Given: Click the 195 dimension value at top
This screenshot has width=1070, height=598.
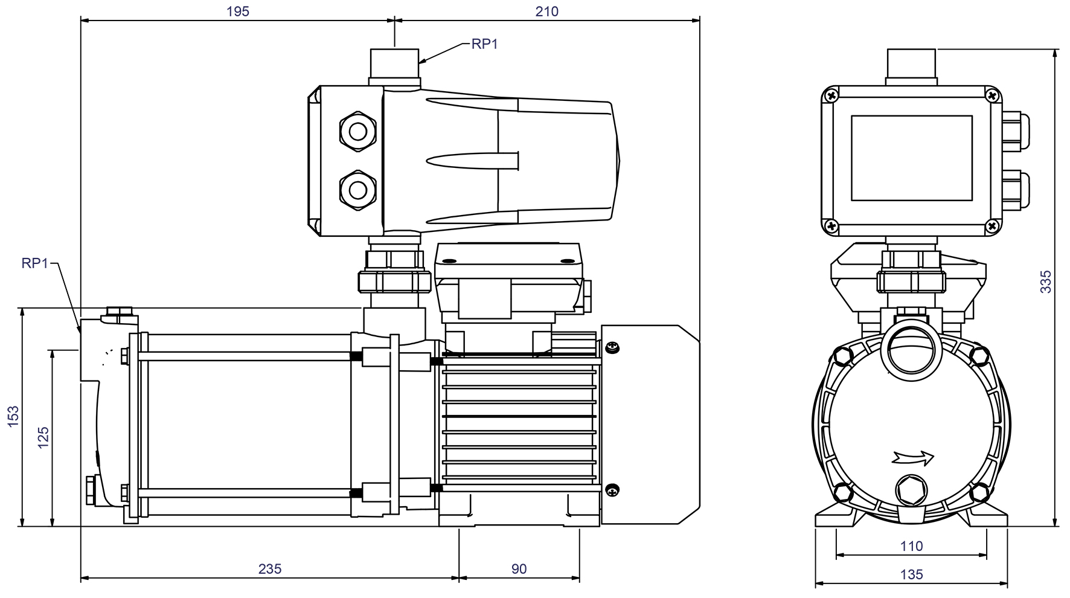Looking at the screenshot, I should (x=237, y=11).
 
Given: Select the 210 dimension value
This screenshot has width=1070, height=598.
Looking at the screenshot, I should (x=546, y=11).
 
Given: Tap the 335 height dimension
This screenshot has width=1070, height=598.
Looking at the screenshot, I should (x=1045, y=282).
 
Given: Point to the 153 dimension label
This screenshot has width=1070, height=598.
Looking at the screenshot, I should (x=13, y=417).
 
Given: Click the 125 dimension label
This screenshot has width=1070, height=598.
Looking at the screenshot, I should (x=43, y=438).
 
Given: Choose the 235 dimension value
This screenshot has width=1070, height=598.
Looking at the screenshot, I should (x=270, y=569).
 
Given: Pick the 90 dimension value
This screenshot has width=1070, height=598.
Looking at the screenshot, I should (x=519, y=569).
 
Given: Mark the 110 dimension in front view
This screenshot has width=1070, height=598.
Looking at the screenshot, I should (x=911, y=547).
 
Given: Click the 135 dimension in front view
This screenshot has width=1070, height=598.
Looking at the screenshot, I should (x=911, y=574).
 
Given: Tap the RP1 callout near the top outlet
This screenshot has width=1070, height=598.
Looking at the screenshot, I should (x=484, y=44).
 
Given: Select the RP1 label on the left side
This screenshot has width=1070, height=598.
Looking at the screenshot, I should (x=34, y=263).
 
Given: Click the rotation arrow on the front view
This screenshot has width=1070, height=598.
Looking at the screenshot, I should (x=912, y=458).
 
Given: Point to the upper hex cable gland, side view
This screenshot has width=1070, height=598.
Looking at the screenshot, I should (x=357, y=130).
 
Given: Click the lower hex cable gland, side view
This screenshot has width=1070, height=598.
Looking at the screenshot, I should (x=357, y=190).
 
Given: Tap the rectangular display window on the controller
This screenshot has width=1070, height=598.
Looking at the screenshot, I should (x=911, y=158).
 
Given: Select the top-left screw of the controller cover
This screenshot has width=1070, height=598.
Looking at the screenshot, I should (x=831, y=95).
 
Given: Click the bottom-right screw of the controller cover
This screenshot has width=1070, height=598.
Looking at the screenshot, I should (x=992, y=226).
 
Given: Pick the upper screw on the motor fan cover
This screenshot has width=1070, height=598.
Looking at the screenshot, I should (x=612, y=347).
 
